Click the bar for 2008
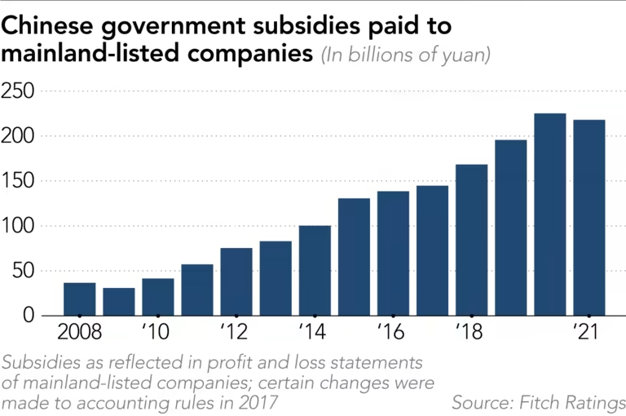(80, 299)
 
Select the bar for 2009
(119, 301)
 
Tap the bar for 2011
(197, 290)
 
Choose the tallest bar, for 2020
(549, 214)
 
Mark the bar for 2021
(589, 217)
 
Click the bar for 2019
(510, 228)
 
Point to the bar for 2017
(432, 250)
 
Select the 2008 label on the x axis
(80, 333)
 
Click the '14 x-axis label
(314, 333)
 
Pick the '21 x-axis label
(588, 333)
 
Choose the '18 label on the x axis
(470, 333)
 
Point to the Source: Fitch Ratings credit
(539, 402)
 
